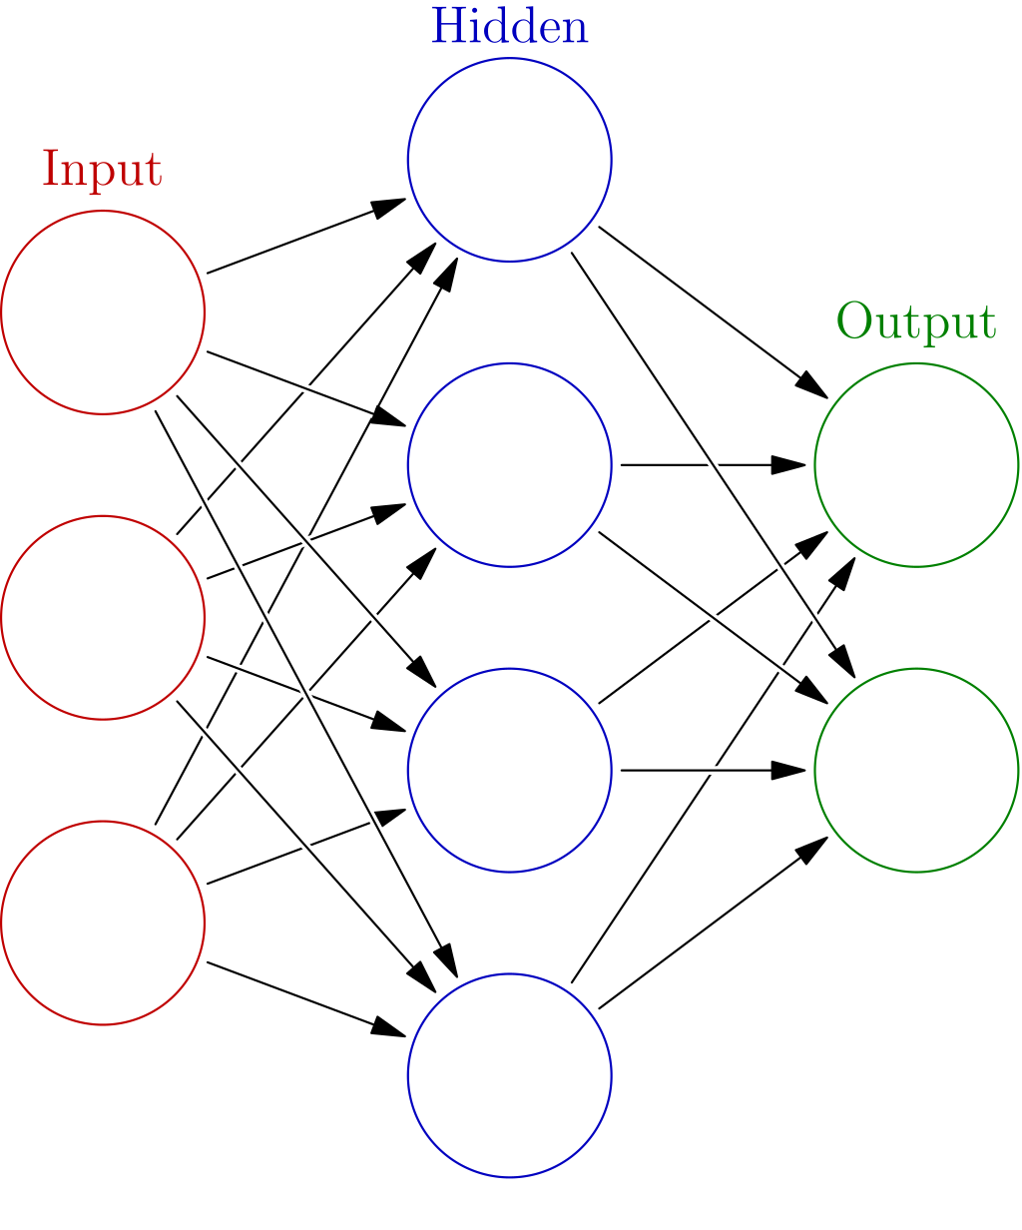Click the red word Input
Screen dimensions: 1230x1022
[102, 170]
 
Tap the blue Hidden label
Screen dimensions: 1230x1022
[509, 27]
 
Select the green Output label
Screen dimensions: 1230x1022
[915, 322]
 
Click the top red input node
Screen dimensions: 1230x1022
[103, 311]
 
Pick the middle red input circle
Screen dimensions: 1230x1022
[103, 617]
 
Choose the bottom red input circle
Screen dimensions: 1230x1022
[103, 922]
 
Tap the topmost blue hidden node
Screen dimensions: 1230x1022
[509, 160]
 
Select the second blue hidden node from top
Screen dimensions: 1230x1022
[509, 465]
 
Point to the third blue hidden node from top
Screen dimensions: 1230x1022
[509, 770]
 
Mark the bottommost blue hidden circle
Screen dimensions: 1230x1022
[509, 1075]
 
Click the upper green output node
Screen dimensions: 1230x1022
[915, 465]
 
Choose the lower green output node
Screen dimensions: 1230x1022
[915, 770]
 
